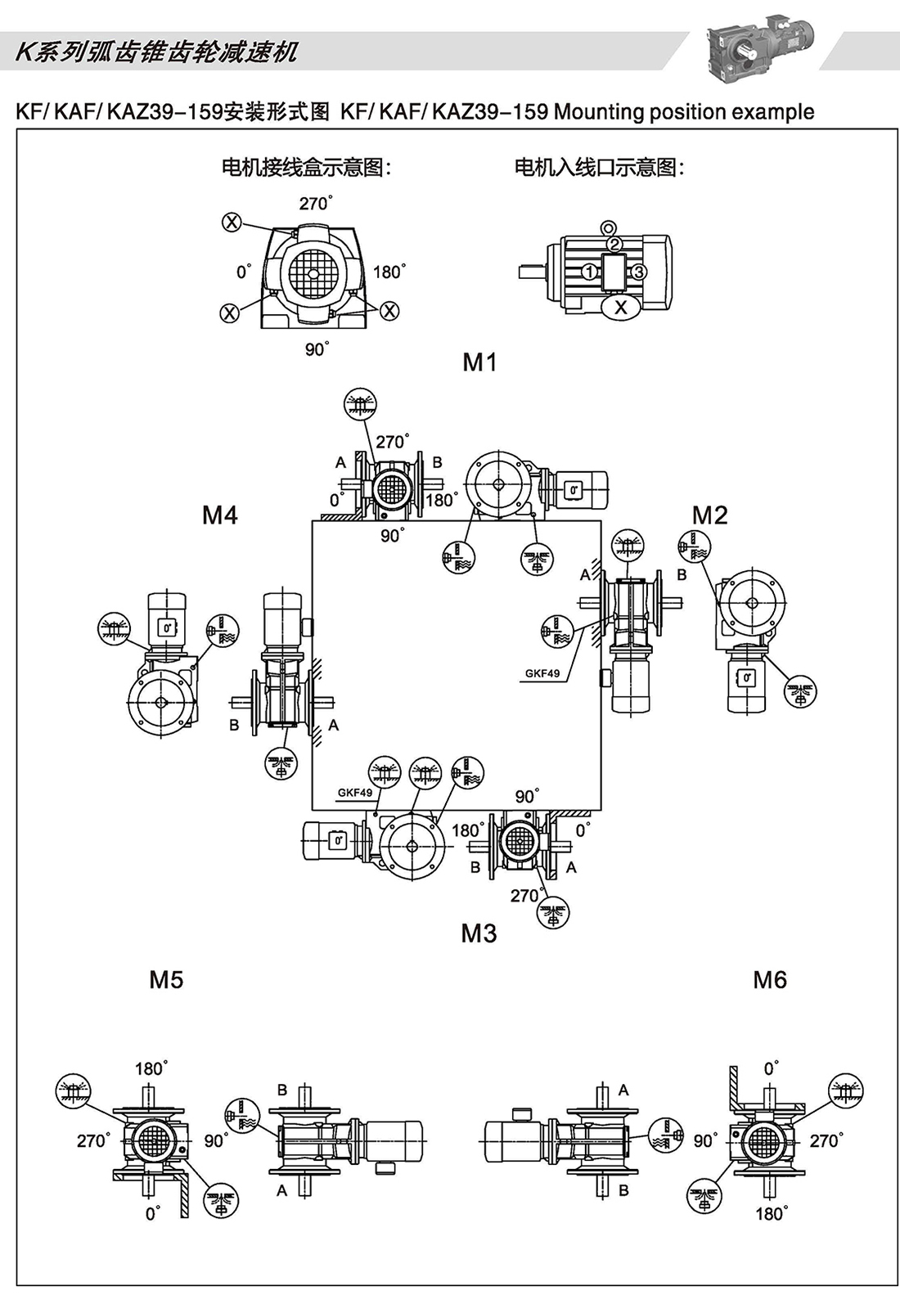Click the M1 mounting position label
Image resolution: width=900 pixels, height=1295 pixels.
pos(479,362)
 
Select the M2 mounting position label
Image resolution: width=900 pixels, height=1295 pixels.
pos(709,515)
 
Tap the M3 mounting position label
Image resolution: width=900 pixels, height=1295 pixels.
pos(479,933)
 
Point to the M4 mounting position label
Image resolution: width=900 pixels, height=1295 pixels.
pos(220,515)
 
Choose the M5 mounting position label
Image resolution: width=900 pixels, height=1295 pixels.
pos(166,980)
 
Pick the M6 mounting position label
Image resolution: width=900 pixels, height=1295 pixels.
pos(770,980)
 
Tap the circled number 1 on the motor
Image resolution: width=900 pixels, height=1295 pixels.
pos(590,272)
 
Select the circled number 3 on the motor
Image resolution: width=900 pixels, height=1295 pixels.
pos(640,272)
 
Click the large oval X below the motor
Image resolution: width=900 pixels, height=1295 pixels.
pos(621,307)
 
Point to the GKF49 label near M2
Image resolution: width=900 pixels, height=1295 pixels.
pos(542,673)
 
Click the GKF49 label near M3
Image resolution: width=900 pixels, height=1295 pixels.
pos(354,793)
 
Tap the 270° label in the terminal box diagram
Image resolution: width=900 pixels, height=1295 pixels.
pos(316,203)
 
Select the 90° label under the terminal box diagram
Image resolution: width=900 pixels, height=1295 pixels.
pos(317,349)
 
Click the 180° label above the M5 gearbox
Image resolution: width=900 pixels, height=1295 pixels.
pos(151,1068)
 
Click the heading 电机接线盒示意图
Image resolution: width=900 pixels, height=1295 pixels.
pos(306,168)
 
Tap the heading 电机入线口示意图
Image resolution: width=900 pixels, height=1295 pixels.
pos(599,168)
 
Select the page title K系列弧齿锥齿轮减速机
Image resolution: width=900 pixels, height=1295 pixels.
pos(156,52)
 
